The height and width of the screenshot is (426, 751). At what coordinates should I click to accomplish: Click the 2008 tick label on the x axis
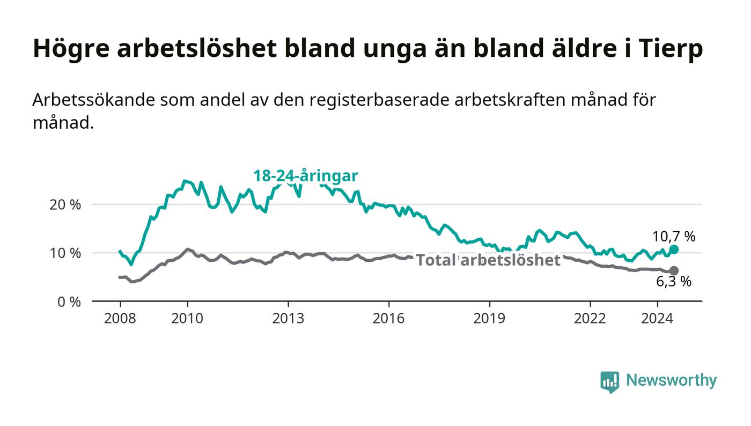pos(120,318)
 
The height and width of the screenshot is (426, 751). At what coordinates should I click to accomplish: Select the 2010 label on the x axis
pos(187,318)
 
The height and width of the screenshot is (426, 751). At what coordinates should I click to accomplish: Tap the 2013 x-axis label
pos(288,318)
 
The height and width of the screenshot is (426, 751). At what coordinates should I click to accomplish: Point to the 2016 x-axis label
pos(388,318)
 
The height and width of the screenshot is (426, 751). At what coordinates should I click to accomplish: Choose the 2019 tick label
pos(489,318)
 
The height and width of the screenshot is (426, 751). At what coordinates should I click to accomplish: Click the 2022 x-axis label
pos(590,318)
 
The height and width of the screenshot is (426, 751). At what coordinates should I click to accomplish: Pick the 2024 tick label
pos(657,318)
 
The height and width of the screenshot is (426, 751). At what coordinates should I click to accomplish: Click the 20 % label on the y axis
pos(65,204)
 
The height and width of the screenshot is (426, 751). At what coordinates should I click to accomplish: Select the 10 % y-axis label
pos(65,253)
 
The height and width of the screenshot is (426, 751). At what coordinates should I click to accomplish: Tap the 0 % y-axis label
pos(69,302)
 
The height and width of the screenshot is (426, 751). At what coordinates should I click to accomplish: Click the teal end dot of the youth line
pos(674,249)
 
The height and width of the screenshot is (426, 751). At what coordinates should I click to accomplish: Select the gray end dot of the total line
pos(674,271)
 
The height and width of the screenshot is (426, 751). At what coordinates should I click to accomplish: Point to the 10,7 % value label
pos(674,237)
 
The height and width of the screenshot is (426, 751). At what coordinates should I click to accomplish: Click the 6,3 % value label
pos(674,282)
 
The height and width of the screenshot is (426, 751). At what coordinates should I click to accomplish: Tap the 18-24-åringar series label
pos(306,176)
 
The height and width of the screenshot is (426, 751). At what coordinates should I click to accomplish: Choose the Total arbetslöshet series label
pos(488,260)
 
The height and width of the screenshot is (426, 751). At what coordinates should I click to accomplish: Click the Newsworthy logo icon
pos(609,382)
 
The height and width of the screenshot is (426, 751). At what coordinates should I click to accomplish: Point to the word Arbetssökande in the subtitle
pos(93,100)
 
